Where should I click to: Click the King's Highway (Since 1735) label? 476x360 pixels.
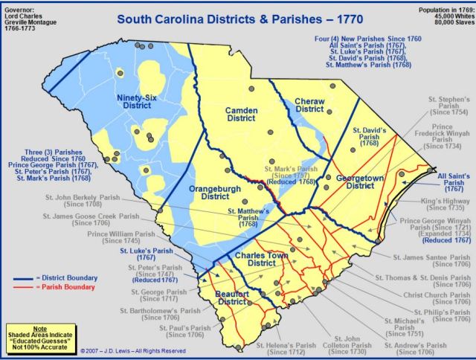coord(444,205)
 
